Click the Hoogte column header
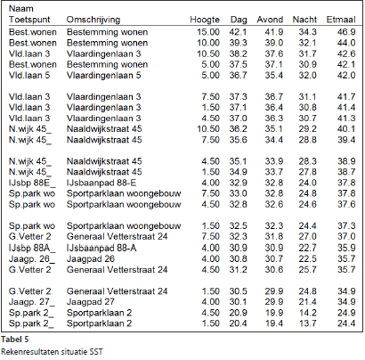click(205, 20)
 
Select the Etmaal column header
click(341, 20)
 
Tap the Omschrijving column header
click(93, 20)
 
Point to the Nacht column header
click(304, 20)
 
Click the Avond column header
click(270, 20)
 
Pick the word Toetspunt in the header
click(29, 20)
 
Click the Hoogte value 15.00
click(208, 32)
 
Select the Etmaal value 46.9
click(346, 32)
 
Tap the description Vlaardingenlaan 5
click(104, 76)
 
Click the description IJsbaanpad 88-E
click(101, 183)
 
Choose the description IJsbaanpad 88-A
click(101, 248)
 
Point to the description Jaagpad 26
click(91, 259)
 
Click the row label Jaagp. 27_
click(32, 302)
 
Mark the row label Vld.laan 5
click(29, 76)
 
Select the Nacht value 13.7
click(308, 323)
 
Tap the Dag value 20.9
click(238, 313)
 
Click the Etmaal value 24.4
click(346, 323)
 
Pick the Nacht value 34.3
click(308, 32)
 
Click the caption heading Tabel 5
click(15, 340)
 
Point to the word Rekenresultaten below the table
click(30, 352)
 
